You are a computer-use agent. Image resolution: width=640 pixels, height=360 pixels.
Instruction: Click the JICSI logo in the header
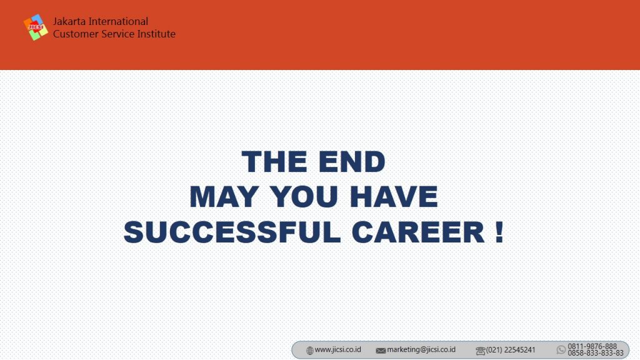(36, 27)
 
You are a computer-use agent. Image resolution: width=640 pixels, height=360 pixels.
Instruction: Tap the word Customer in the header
(76, 34)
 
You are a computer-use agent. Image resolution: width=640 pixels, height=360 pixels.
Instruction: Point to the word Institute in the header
(156, 34)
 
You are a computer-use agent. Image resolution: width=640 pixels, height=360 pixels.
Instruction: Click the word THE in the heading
(274, 162)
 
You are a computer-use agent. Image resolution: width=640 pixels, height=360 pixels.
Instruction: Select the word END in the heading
(351, 162)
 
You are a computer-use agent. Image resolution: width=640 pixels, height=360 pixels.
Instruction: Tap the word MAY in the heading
(224, 197)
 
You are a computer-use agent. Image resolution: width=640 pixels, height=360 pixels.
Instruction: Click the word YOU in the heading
(304, 197)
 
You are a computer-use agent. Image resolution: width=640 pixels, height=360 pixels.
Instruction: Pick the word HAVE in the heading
(394, 197)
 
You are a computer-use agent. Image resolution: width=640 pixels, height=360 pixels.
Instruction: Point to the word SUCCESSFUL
(232, 232)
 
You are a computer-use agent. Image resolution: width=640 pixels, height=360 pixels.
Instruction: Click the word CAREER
(418, 232)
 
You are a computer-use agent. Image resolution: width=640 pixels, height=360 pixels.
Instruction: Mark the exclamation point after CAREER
(499, 232)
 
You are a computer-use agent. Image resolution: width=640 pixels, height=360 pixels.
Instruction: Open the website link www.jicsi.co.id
(338, 350)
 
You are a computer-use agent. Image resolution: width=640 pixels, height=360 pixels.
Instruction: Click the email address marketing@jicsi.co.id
(421, 350)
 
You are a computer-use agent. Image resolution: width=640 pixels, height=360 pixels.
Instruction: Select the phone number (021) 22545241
(511, 350)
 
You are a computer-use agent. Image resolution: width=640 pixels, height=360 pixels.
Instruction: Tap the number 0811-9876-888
(592, 346)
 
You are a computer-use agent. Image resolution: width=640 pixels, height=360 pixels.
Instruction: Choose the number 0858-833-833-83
(596, 353)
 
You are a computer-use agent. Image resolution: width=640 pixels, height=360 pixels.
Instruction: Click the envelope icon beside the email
(381, 351)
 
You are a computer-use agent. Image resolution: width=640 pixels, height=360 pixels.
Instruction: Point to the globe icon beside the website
(310, 351)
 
